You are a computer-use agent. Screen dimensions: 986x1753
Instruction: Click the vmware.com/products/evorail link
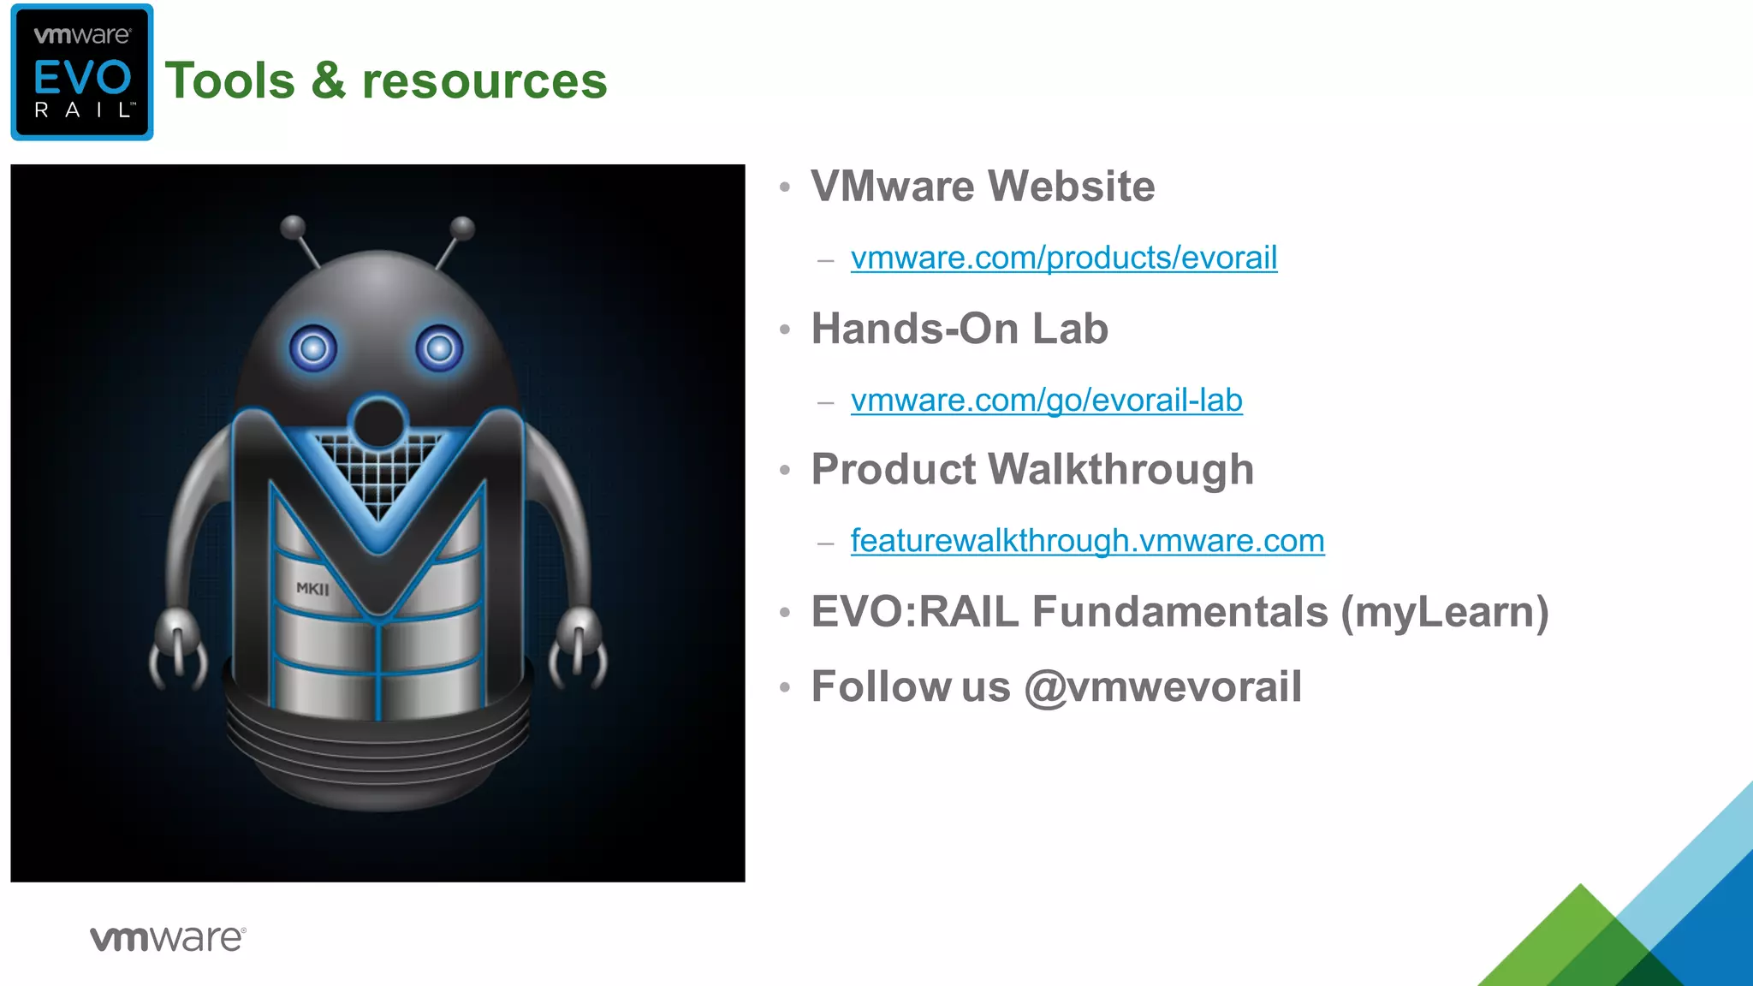coord(1063,258)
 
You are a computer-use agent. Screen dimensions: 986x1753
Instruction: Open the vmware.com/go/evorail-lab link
coord(1046,401)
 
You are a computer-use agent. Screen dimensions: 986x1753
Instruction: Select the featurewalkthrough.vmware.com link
coord(1087,541)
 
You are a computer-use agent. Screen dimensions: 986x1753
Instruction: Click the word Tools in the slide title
coord(230,81)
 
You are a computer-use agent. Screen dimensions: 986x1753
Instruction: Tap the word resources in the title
coord(484,81)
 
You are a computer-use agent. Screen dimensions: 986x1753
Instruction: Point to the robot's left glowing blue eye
coord(313,348)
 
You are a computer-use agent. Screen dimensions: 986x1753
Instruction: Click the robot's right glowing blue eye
coord(439,348)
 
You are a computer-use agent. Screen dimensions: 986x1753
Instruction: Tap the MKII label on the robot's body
coord(312,589)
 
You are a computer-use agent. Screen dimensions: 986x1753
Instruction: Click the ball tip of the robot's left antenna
coord(293,227)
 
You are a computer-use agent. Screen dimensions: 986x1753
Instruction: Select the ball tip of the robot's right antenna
coord(462,228)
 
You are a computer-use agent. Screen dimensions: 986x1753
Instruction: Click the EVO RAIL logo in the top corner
coord(82,73)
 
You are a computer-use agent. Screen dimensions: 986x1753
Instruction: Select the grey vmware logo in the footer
coord(168,939)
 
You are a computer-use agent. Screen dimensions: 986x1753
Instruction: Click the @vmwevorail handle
coord(1162,687)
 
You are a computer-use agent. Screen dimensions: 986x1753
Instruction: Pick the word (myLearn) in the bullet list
coord(1445,613)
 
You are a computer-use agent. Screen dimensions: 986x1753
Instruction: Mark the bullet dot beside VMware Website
coord(785,187)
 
